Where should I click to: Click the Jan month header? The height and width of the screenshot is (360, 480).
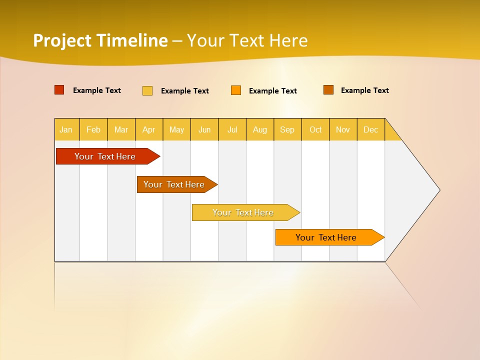click(x=66, y=129)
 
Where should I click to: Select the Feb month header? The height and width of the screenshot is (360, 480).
click(x=93, y=129)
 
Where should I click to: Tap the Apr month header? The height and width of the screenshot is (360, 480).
click(x=148, y=129)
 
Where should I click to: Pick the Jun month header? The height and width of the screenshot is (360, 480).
click(x=204, y=129)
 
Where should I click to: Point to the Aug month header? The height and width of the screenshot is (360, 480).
click(x=260, y=129)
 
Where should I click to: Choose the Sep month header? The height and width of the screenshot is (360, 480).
click(x=287, y=129)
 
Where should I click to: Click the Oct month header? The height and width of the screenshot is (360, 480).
click(x=315, y=129)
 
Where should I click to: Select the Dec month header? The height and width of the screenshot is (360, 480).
click(x=370, y=129)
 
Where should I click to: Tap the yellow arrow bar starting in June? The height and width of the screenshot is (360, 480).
click(x=243, y=212)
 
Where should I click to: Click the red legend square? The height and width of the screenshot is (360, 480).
click(x=59, y=90)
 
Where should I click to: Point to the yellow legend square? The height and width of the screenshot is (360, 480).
click(x=147, y=90)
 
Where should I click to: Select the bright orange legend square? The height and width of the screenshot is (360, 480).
click(x=236, y=90)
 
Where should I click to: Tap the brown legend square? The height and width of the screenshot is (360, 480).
click(x=328, y=90)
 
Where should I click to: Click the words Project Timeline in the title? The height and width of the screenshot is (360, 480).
click(x=100, y=40)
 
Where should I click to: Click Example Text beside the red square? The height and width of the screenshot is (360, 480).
click(x=97, y=90)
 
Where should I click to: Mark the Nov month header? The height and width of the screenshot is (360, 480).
click(x=343, y=129)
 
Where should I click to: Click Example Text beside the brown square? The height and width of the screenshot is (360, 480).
click(x=365, y=90)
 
